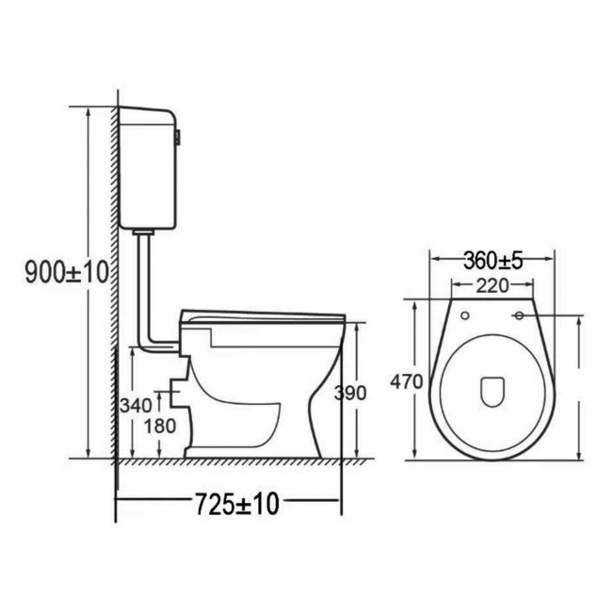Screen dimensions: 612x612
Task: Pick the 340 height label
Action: (x=136, y=406)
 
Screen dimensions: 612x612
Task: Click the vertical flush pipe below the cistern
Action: (x=144, y=282)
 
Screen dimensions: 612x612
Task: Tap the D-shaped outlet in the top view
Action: (x=490, y=391)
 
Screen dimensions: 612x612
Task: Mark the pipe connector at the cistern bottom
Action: (x=144, y=231)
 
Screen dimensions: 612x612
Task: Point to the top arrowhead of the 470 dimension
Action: (x=415, y=304)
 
